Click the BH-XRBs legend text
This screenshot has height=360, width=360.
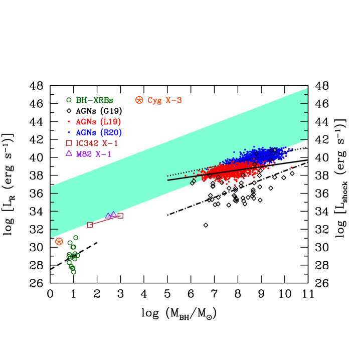click(94, 100)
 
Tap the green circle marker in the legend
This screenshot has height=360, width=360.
click(69, 100)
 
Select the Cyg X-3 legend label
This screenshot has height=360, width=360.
click(164, 100)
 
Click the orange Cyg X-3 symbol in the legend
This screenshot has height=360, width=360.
click(139, 100)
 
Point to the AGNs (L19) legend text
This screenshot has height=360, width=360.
click(98, 122)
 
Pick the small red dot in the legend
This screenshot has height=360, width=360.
click(69, 122)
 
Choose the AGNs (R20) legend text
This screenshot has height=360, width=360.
click(99, 133)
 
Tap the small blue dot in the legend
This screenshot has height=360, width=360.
click(69, 133)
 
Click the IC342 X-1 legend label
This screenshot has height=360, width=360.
click(97, 143)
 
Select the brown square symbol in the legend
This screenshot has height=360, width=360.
click(69, 143)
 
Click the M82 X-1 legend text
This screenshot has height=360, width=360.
click(94, 154)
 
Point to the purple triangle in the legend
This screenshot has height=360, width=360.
click(69, 153)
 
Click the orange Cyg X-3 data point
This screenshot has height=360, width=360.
click(59, 242)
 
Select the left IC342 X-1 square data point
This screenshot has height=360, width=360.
click(90, 225)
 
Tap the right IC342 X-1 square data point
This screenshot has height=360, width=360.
click(121, 216)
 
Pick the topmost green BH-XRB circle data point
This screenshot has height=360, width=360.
click(76, 238)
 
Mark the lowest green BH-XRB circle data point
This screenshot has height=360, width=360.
click(74, 272)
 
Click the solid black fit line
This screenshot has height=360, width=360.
click(181, 178)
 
